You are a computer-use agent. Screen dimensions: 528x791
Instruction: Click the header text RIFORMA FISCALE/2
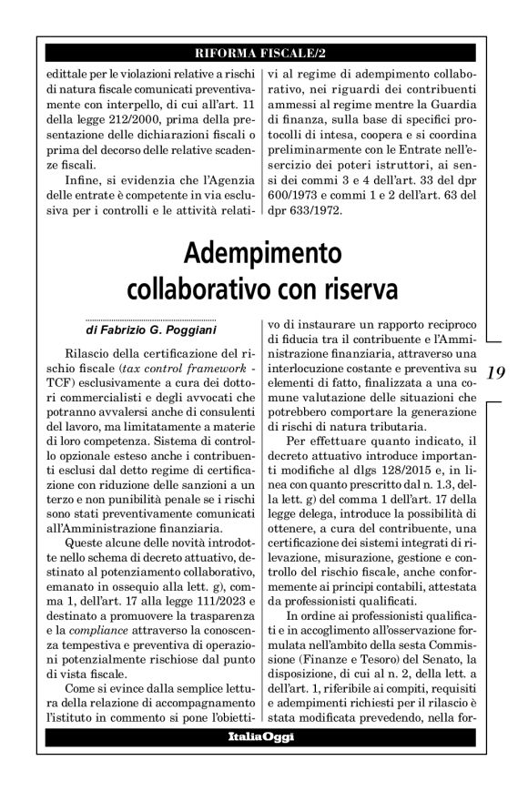263,51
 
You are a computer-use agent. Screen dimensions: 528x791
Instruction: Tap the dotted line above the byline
149,320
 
